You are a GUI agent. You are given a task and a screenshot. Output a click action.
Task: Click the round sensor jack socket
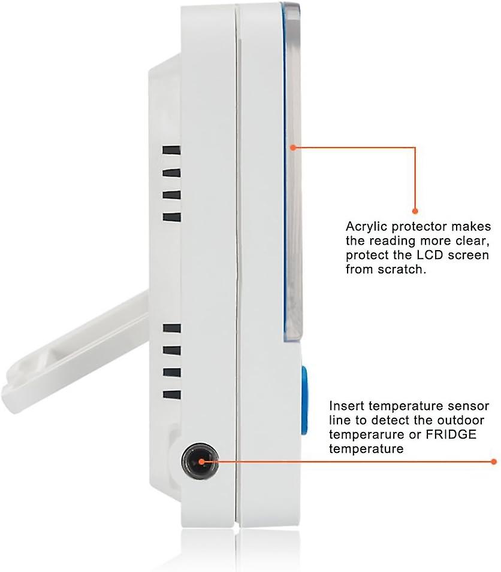pyautogui.click(x=199, y=462)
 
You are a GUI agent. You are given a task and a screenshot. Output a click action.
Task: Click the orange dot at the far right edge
pyautogui.click(x=495, y=461)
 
